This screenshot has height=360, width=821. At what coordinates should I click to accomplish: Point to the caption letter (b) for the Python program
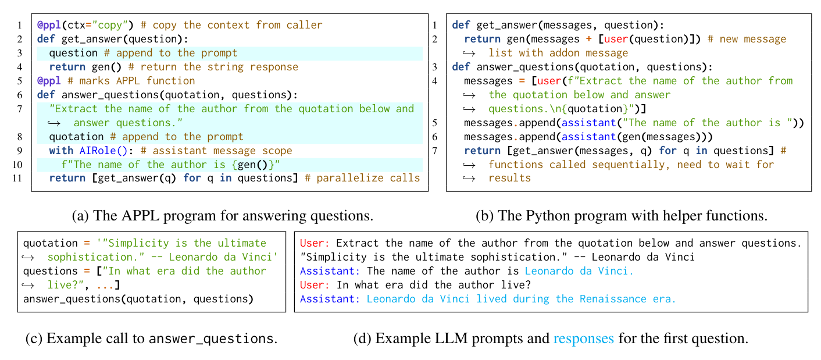pos(484,216)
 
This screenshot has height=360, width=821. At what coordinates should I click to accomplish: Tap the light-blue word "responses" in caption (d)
pos(583,338)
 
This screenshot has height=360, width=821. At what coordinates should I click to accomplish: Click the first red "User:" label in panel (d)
pos(315,243)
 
